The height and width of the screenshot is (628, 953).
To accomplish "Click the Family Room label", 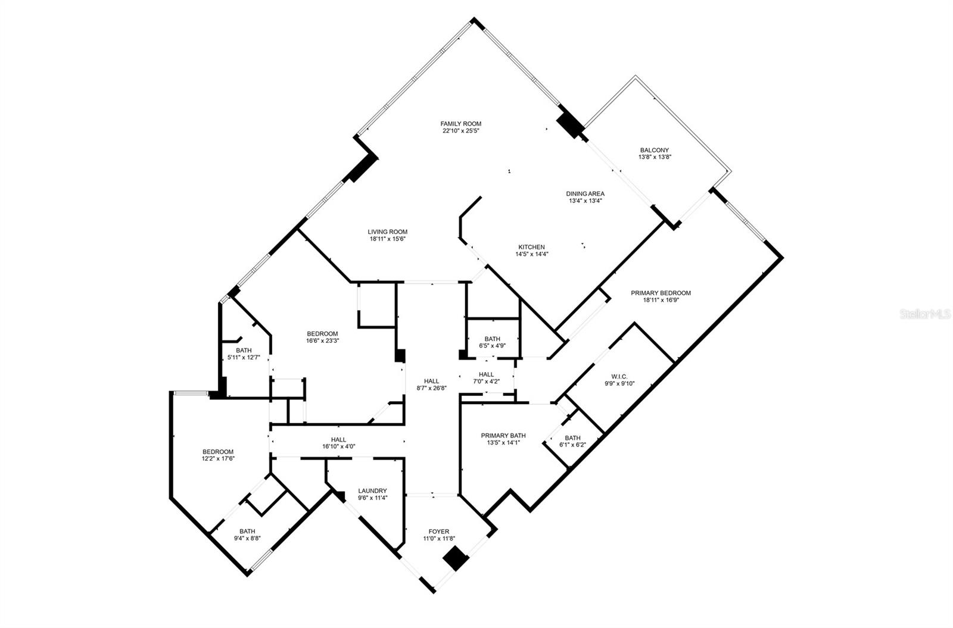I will pyautogui.click(x=460, y=124).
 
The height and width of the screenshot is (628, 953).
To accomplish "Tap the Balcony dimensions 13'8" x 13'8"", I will pyautogui.click(x=655, y=158).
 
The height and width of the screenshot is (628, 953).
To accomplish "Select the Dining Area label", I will pyautogui.click(x=585, y=193).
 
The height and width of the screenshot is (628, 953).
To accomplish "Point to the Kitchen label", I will pyautogui.click(x=531, y=247).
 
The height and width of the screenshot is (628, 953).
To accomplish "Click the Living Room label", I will pyautogui.click(x=387, y=232).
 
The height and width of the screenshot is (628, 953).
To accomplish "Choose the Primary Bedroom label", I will pyautogui.click(x=661, y=293).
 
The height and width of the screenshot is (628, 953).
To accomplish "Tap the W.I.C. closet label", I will pyautogui.click(x=619, y=376).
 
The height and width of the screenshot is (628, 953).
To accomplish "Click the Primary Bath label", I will pyautogui.click(x=503, y=436).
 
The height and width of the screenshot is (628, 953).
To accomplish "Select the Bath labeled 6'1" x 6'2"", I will pyautogui.click(x=572, y=438).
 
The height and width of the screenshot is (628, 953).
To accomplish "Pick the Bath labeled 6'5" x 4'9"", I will pyautogui.click(x=492, y=339).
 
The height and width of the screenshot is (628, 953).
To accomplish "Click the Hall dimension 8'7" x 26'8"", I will pyautogui.click(x=431, y=388).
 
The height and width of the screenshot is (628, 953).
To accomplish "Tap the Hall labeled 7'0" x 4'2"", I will pyautogui.click(x=486, y=374).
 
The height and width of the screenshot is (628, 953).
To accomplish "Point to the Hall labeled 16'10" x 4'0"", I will pyautogui.click(x=338, y=440).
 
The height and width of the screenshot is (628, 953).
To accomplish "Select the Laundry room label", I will pyautogui.click(x=372, y=491).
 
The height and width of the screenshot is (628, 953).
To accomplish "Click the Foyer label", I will pyautogui.click(x=438, y=532).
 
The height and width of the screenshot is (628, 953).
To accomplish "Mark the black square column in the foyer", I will pyautogui.click(x=454, y=560).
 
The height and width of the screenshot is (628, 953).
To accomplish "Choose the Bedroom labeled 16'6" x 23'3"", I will pyautogui.click(x=322, y=334).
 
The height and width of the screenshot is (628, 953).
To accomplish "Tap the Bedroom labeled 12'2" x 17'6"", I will pyautogui.click(x=217, y=452).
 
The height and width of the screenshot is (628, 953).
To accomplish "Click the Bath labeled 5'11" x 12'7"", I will pyautogui.click(x=244, y=351).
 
